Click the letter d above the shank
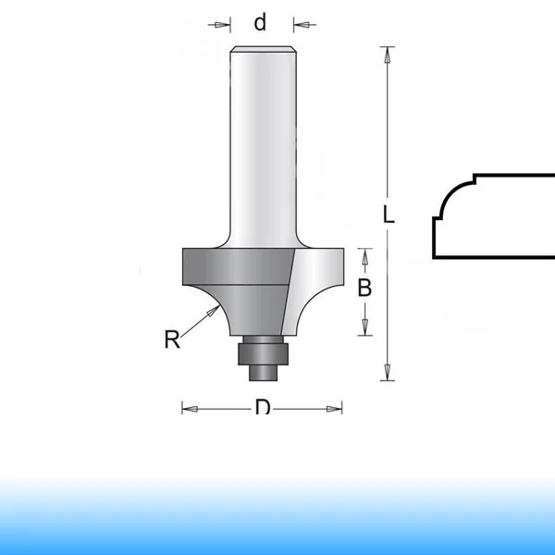[x=260, y=22]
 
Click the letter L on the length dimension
[x=388, y=215]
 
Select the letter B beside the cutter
[x=364, y=288]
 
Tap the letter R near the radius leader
[x=172, y=339]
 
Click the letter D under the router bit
[x=263, y=406]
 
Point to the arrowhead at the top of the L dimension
[x=388, y=55]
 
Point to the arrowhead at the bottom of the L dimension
[x=388, y=373]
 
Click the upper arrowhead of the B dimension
[x=365, y=256]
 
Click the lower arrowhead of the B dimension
[x=365, y=327]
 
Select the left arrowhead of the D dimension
[x=190, y=409]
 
